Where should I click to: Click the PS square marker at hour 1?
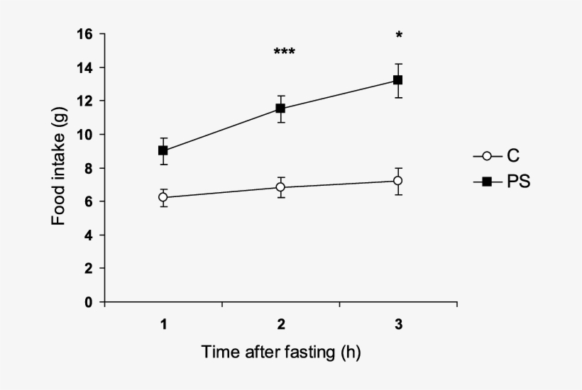(x=163, y=150)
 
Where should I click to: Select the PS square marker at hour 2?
(x=280, y=108)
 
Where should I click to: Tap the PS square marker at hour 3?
(x=398, y=80)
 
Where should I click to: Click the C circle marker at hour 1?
(x=163, y=197)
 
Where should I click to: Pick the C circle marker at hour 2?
(x=280, y=187)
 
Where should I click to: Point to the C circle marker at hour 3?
(x=398, y=181)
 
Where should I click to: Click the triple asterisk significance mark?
(x=284, y=52)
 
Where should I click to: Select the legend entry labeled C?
(x=501, y=157)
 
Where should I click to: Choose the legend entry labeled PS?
(x=504, y=182)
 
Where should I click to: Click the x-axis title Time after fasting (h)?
(x=281, y=352)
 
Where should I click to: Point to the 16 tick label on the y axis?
(x=87, y=34)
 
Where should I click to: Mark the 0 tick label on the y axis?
(x=89, y=302)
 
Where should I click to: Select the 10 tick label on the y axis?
(x=87, y=135)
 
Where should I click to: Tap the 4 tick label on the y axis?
(x=89, y=235)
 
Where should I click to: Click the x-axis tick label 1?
(x=163, y=325)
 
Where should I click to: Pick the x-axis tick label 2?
(x=281, y=325)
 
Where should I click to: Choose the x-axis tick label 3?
(x=398, y=325)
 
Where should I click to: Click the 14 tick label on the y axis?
(x=87, y=67)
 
